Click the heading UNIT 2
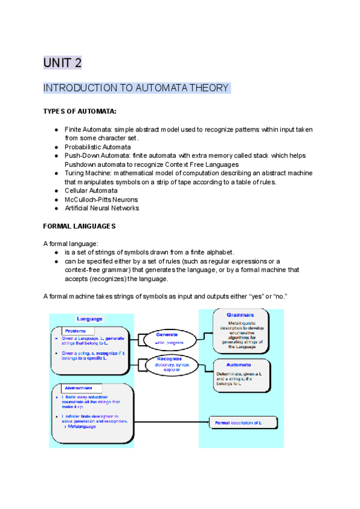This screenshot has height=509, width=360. tap(62, 62)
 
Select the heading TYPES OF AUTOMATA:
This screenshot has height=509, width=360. tap(80, 112)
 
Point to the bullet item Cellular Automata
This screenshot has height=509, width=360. tap(92, 190)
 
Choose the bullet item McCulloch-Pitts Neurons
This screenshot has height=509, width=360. tap(101, 199)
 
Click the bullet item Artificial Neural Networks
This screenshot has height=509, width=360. tap(101, 208)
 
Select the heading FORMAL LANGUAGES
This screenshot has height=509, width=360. tap(79, 226)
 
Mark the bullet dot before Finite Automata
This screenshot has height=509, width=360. tap(56, 130)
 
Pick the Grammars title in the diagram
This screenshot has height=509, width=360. tap(240, 315)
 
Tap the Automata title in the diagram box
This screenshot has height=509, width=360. tap(239, 364)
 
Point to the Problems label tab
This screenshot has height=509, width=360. tap(79, 331)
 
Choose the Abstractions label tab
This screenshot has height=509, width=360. tap(83, 388)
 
